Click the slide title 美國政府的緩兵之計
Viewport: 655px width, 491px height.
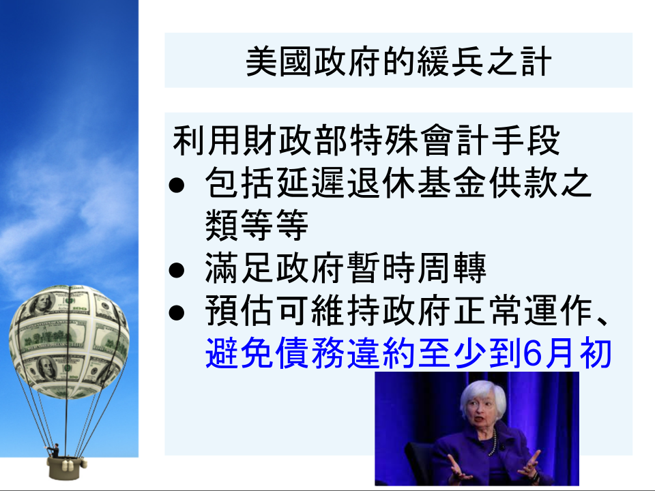[x=398, y=61]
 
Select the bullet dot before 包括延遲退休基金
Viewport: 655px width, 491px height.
[x=176, y=184]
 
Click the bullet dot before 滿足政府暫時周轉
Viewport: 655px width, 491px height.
[x=176, y=270]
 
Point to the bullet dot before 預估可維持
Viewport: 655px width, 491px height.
[x=176, y=312]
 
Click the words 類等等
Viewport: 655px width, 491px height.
[x=257, y=226]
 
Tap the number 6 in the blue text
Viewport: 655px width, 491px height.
[x=532, y=354]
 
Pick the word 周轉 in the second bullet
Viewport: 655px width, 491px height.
[x=452, y=268]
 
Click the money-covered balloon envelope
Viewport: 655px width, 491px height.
[x=69, y=341]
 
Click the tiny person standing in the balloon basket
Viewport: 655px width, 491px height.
[x=55, y=451]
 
